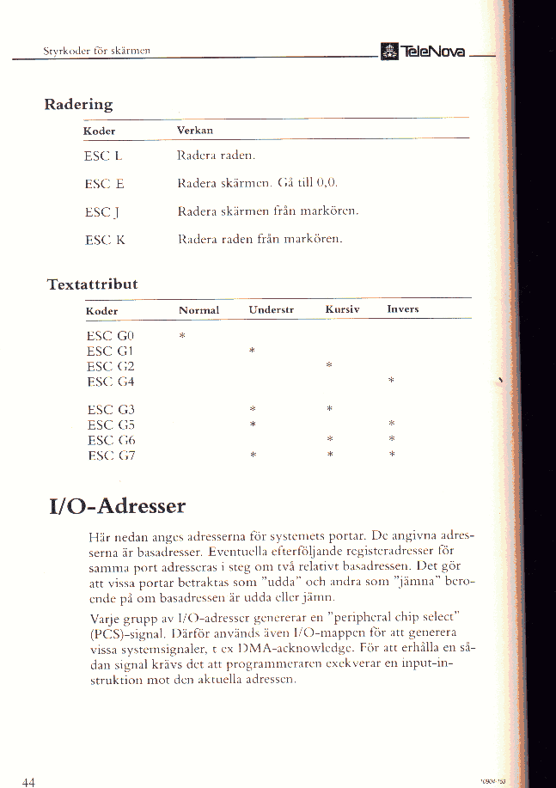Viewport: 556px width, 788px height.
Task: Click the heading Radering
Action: (78, 105)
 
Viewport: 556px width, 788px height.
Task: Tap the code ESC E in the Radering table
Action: (104, 183)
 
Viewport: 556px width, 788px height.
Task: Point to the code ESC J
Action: (103, 211)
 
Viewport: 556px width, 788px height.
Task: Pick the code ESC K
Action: (105, 241)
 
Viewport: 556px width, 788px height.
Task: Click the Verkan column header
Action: (194, 131)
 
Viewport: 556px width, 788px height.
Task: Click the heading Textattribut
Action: (92, 284)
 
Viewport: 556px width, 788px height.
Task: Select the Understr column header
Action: (272, 309)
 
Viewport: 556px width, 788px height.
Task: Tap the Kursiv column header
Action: (342, 308)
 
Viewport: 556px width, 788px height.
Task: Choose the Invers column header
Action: (402, 308)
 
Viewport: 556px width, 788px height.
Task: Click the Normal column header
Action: (199, 310)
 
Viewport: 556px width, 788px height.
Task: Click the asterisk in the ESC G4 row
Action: (391, 380)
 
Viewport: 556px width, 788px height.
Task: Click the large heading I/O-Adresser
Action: (117, 502)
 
